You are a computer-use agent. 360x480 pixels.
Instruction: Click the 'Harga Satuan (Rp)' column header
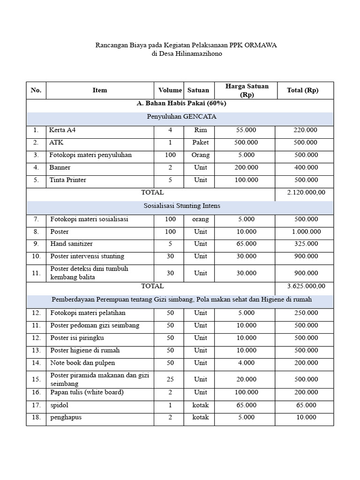[x=247, y=90]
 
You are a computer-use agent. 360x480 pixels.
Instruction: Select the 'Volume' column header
[x=170, y=90]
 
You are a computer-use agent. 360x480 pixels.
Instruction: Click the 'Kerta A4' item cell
[x=62, y=130]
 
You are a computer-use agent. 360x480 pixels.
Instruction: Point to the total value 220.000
[x=305, y=130]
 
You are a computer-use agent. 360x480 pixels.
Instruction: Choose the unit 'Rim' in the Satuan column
[x=200, y=130]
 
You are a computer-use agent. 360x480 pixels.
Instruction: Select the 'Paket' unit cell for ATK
[x=200, y=142]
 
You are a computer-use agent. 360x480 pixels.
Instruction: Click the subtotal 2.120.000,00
[x=305, y=192]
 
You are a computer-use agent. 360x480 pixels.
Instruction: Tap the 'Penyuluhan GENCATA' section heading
[x=180, y=117]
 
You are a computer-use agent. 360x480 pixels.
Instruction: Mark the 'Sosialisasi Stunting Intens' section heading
[x=180, y=206]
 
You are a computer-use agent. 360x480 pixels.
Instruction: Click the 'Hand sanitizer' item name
[x=71, y=244]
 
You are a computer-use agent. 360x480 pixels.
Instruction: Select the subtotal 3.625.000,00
[x=305, y=286]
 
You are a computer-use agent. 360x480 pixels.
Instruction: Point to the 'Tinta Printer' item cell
[x=68, y=180]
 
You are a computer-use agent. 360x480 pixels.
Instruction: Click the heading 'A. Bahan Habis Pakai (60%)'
[x=180, y=104]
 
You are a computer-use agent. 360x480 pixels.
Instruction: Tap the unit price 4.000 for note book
[x=247, y=363]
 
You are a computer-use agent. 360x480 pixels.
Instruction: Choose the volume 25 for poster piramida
[x=170, y=379]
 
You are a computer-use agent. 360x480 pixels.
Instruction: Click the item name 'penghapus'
[x=66, y=417]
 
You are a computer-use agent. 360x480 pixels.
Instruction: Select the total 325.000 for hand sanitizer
[x=305, y=244]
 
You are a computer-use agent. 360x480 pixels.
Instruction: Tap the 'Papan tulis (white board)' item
[x=87, y=392]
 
